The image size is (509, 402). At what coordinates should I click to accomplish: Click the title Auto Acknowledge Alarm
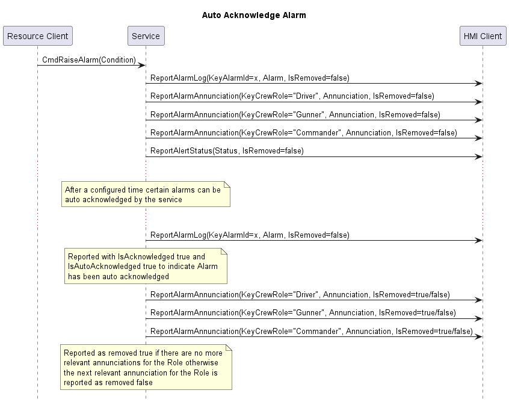(x=254, y=15)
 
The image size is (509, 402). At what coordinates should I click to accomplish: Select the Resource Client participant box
(x=38, y=36)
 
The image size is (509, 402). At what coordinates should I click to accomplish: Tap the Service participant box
(x=146, y=36)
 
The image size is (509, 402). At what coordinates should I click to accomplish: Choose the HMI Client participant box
(x=483, y=36)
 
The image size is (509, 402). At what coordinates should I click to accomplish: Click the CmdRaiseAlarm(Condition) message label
(x=89, y=60)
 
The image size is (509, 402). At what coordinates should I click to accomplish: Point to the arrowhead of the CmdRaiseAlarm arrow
(x=141, y=66)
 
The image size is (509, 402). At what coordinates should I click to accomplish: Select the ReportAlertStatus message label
(x=227, y=151)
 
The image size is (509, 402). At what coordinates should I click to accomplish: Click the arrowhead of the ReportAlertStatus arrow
(x=479, y=157)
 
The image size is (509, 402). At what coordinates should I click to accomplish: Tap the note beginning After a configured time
(x=146, y=194)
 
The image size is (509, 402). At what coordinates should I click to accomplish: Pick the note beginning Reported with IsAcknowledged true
(x=146, y=266)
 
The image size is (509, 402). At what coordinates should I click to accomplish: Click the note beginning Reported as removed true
(x=146, y=367)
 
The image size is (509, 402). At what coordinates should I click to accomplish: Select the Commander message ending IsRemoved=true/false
(x=311, y=331)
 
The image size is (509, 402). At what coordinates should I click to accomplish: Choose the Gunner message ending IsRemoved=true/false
(x=303, y=313)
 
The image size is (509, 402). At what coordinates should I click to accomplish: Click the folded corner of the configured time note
(x=227, y=185)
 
